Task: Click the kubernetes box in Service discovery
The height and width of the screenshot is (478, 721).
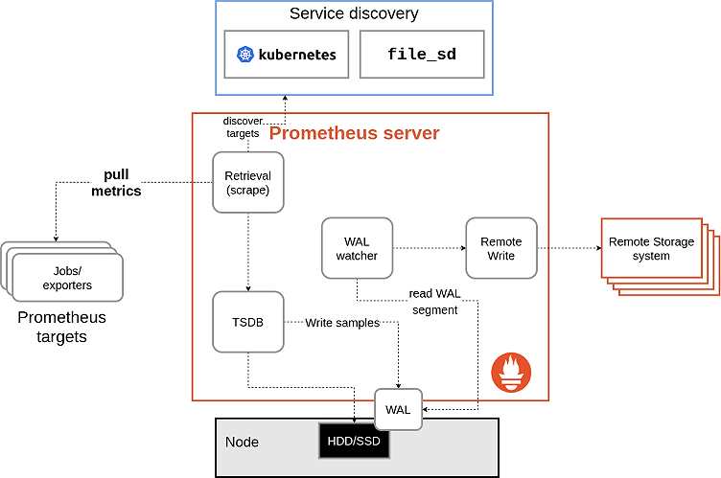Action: tap(286, 54)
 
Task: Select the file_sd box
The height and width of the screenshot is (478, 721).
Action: tap(421, 54)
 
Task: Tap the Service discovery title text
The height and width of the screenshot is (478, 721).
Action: tap(355, 14)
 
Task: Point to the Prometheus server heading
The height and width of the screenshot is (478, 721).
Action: tap(354, 133)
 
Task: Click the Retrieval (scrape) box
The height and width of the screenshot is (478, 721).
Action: tap(247, 183)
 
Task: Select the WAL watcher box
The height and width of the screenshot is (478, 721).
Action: tap(357, 248)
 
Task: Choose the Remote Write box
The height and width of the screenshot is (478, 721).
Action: tap(500, 248)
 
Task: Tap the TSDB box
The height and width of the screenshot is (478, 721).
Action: tap(247, 322)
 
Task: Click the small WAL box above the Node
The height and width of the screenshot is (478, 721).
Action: tap(397, 410)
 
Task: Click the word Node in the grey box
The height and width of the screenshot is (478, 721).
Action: tap(242, 443)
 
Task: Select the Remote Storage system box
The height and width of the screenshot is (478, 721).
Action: tap(651, 249)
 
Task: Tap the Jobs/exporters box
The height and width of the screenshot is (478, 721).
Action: tap(67, 278)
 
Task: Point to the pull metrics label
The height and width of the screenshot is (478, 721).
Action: tap(116, 183)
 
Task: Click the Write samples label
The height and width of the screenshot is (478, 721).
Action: tap(341, 323)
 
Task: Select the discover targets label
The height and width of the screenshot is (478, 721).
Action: tap(242, 127)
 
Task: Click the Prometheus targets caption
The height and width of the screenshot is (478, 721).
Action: tap(62, 327)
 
